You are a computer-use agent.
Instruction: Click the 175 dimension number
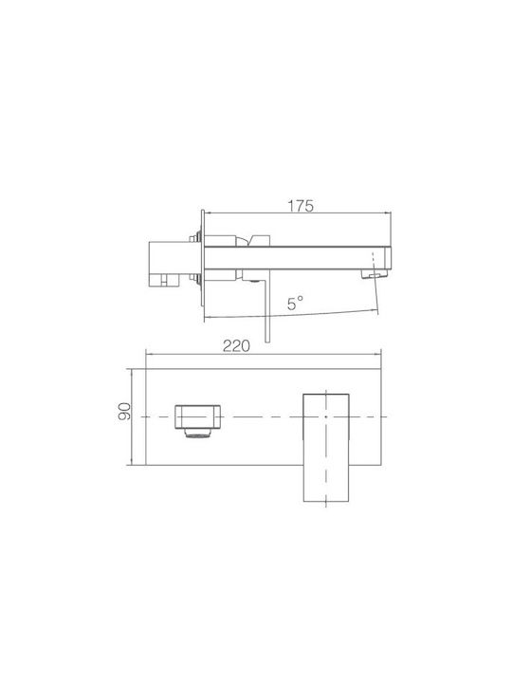click(x=301, y=206)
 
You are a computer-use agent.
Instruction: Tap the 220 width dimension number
click(x=236, y=346)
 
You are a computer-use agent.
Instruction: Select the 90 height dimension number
click(x=125, y=411)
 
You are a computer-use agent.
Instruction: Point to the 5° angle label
click(x=295, y=303)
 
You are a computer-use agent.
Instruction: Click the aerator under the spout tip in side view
click(x=375, y=274)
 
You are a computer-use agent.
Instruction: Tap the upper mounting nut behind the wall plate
click(x=194, y=238)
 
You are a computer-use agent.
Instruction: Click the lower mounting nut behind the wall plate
click(x=194, y=277)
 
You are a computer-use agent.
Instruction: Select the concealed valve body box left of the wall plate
click(x=169, y=265)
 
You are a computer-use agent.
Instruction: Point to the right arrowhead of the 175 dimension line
click(x=389, y=213)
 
